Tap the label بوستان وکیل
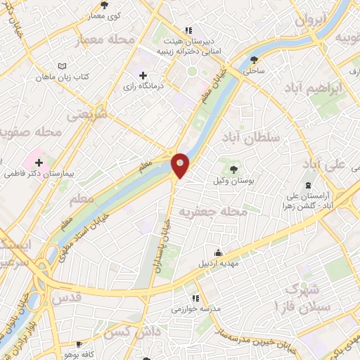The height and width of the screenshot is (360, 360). coord(233,181)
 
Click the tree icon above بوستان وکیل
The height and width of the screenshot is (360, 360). coord(233,169)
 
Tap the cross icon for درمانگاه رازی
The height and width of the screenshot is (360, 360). coord(143,75)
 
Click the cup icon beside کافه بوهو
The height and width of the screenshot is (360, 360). coord(78,345)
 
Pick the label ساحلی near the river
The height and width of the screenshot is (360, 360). coord(252,70)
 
